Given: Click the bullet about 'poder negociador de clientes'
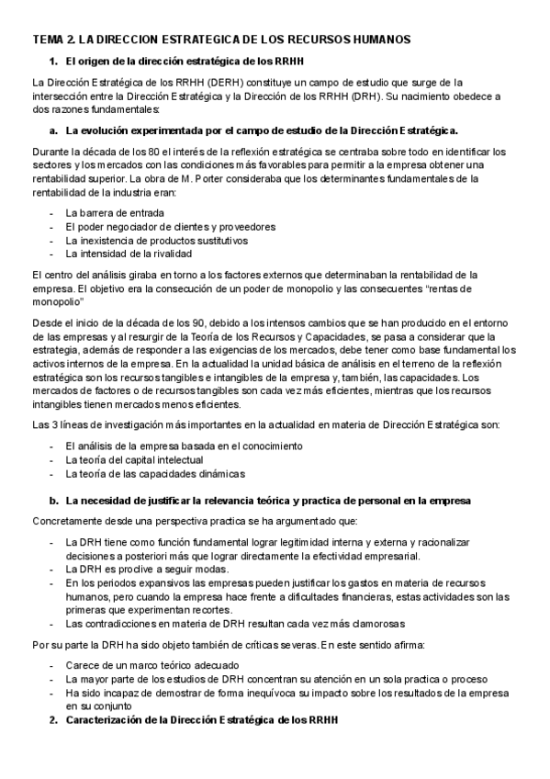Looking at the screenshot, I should tap(170, 227).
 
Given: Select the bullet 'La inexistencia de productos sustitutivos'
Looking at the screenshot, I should tap(156, 240).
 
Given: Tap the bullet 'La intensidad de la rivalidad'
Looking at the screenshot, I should tap(129, 254).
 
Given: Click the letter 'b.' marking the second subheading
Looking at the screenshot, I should tap(54, 501).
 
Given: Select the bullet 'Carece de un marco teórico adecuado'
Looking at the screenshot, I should tap(152, 664).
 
